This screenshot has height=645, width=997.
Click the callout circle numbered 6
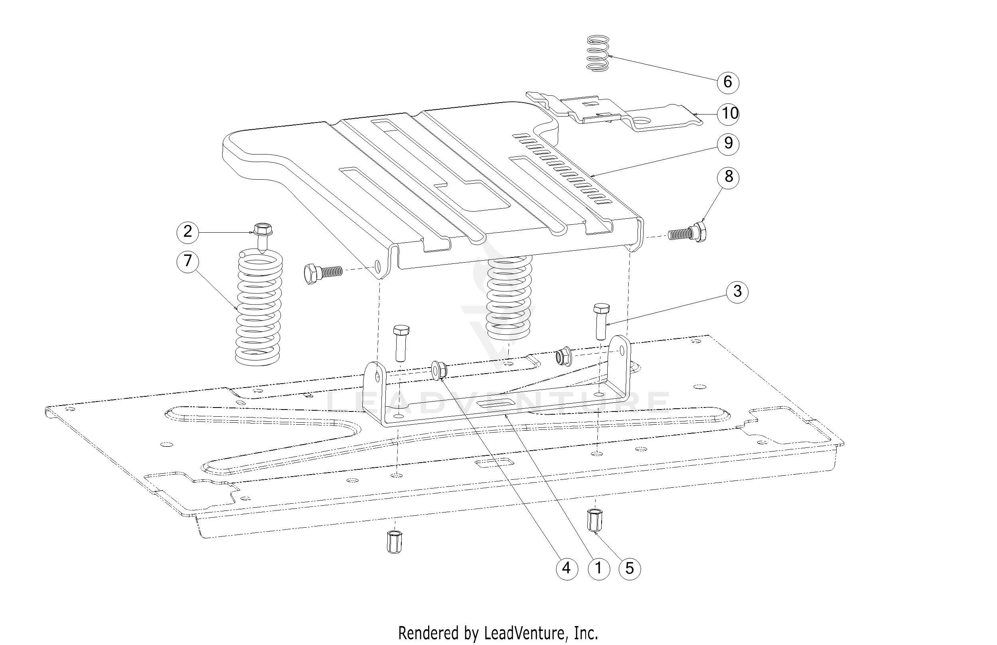pyautogui.click(x=727, y=82)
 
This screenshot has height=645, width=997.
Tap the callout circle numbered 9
pyautogui.click(x=728, y=143)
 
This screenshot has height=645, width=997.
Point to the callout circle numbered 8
pyautogui.click(x=728, y=177)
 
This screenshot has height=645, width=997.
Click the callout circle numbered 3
pyautogui.click(x=737, y=291)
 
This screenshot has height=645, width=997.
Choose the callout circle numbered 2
pyautogui.click(x=188, y=231)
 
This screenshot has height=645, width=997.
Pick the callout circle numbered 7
pyautogui.click(x=188, y=261)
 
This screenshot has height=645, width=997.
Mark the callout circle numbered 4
pyautogui.click(x=566, y=568)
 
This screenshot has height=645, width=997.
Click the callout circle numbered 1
pyautogui.click(x=598, y=568)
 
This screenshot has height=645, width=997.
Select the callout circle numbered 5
pyautogui.click(x=630, y=568)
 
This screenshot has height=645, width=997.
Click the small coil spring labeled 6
pyautogui.click(x=598, y=53)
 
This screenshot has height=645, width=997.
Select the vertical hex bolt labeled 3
pyautogui.click(x=602, y=321)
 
